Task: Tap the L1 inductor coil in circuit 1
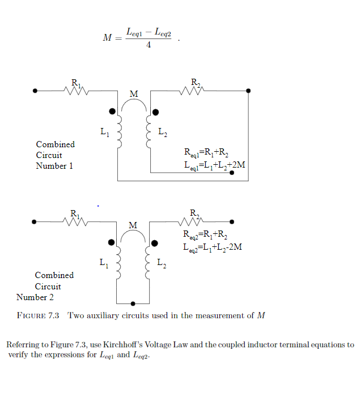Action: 120,133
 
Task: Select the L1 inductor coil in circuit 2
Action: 119,264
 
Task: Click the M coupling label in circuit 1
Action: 134,93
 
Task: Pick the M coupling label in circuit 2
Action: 133,225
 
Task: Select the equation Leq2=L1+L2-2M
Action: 212,247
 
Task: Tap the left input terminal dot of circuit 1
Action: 35,90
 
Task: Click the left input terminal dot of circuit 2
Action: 35,221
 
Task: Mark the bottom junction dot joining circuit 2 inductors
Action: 133,303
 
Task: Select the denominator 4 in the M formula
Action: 148,45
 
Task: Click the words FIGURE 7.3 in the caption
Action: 39,316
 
